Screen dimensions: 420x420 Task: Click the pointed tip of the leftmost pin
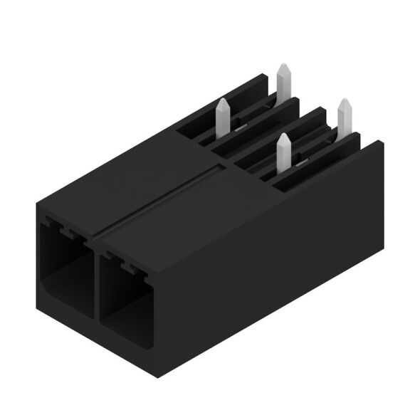click(x=221, y=101)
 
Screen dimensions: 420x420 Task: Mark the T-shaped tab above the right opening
click(x=130, y=263)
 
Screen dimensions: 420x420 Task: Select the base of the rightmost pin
click(x=346, y=131)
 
